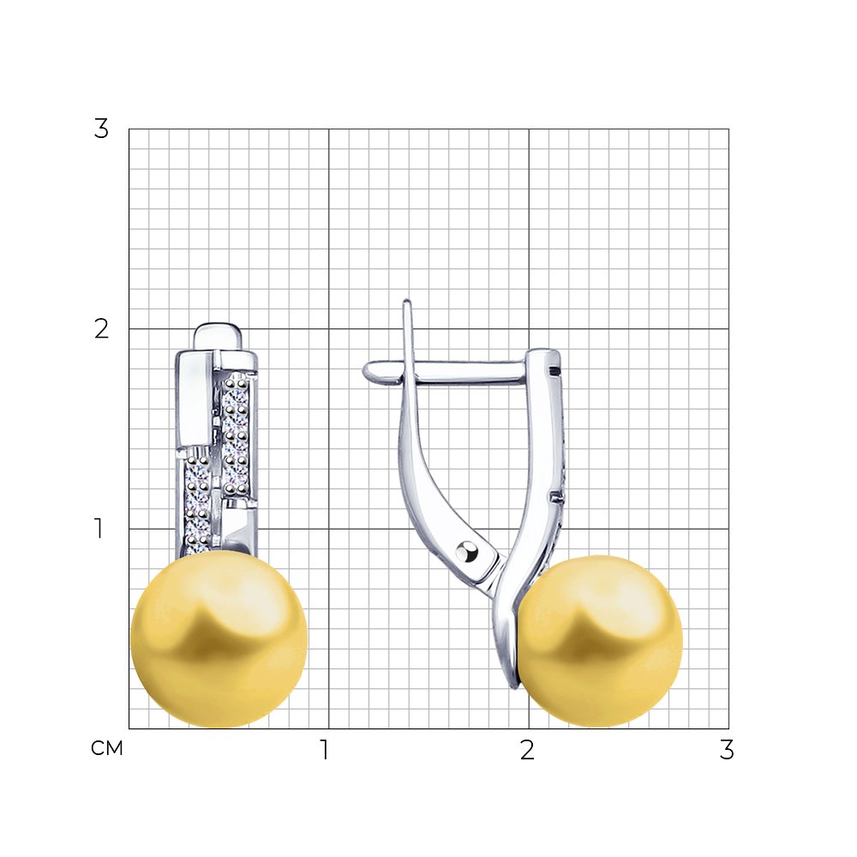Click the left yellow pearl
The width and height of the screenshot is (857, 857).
pos(219,638)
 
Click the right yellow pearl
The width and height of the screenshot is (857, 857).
pos(598,641)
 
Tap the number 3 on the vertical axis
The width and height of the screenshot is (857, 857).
pos(102,129)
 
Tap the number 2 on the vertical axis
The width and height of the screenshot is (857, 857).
pos(102,329)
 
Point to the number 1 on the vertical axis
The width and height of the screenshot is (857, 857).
pos(99,529)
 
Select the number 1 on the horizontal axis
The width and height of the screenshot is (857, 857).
pos(325,750)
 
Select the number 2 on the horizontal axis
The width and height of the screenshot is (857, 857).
pos(527,750)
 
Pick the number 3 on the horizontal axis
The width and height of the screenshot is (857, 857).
pos(727,750)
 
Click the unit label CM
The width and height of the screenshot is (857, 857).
pos(107,748)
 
